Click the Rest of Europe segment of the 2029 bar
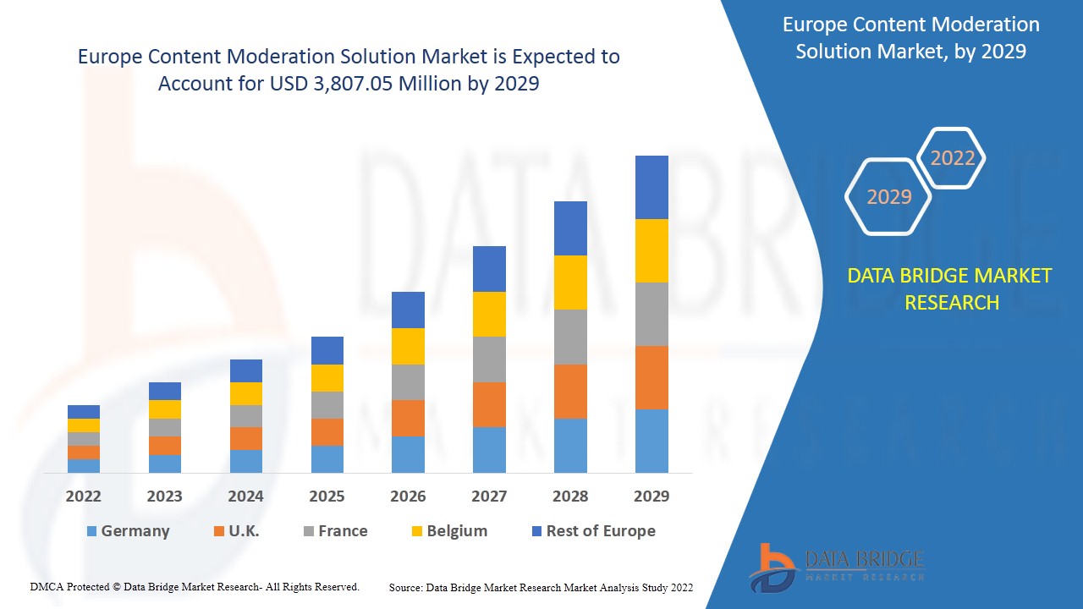click(x=651, y=187)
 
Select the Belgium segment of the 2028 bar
click(x=570, y=282)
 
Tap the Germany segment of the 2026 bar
click(x=408, y=454)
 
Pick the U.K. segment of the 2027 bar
click(x=489, y=404)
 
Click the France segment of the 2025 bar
click(x=327, y=404)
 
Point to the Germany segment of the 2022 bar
click(x=84, y=465)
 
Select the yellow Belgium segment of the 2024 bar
click(x=246, y=393)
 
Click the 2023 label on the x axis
click(x=164, y=497)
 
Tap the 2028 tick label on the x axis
click(x=570, y=497)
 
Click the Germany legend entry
click(x=128, y=531)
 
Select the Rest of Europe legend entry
click(x=592, y=531)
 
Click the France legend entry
click(x=335, y=531)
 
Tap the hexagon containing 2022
click(x=952, y=158)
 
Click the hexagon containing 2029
click(x=888, y=197)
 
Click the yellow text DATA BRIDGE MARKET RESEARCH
click(x=951, y=288)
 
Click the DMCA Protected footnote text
click(x=195, y=586)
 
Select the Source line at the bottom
click(x=541, y=587)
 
